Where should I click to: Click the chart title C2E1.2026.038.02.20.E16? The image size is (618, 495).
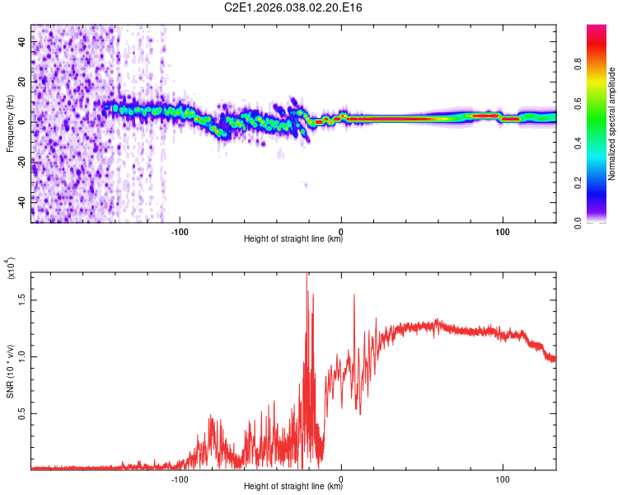(x=294, y=7)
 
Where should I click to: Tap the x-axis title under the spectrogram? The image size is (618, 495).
(x=293, y=239)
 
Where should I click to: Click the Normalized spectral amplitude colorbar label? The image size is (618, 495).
(x=611, y=124)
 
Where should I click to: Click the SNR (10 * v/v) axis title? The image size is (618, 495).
(x=10, y=370)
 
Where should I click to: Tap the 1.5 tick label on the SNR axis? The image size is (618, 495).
(x=21, y=301)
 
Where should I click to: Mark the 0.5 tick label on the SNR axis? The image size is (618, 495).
(x=21, y=413)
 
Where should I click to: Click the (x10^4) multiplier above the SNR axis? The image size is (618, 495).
(x=10, y=269)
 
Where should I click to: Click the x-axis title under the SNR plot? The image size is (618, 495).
(x=293, y=487)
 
